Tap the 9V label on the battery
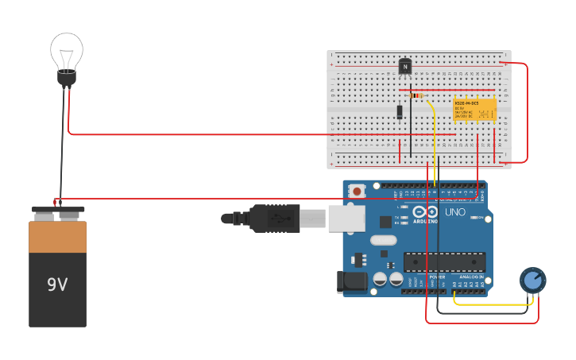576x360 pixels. pyautogui.click(x=57, y=285)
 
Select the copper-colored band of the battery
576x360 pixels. pyautogui.click(x=57, y=237)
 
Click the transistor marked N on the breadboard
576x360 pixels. pyautogui.click(x=405, y=67)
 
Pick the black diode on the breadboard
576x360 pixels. pyautogui.click(x=400, y=112)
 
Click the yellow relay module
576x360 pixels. pyautogui.click(x=474, y=110)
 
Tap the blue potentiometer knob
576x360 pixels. pyautogui.click(x=532, y=280)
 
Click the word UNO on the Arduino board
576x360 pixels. pyautogui.click(x=455, y=213)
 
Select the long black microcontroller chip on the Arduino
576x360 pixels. pyautogui.click(x=444, y=261)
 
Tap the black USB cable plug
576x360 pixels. pyautogui.click(x=274, y=218)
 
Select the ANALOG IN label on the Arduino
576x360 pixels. pyautogui.click(x=475, y=277)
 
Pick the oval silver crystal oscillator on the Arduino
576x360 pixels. pyautogui.click(x=383, y=240)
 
